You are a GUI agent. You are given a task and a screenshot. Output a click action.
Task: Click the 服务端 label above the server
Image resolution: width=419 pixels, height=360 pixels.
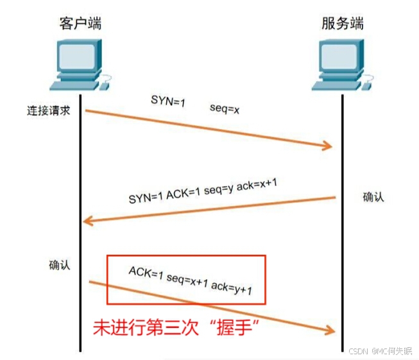click(342, 24)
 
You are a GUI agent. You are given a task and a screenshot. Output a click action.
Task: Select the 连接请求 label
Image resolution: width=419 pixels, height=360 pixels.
click(47, 111)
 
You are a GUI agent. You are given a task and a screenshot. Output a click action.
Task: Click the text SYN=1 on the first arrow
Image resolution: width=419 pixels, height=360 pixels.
click(167, 100)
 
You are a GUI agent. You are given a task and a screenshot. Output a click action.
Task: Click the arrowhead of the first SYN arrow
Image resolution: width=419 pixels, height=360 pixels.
click(329, 146)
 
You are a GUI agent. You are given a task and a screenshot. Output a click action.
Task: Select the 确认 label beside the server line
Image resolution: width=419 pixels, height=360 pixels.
click(373, 196)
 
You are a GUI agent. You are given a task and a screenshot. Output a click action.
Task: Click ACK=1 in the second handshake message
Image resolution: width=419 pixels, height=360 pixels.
click(184, 193)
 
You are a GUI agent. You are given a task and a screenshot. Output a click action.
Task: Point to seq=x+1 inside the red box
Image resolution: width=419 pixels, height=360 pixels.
click(189, 280)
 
